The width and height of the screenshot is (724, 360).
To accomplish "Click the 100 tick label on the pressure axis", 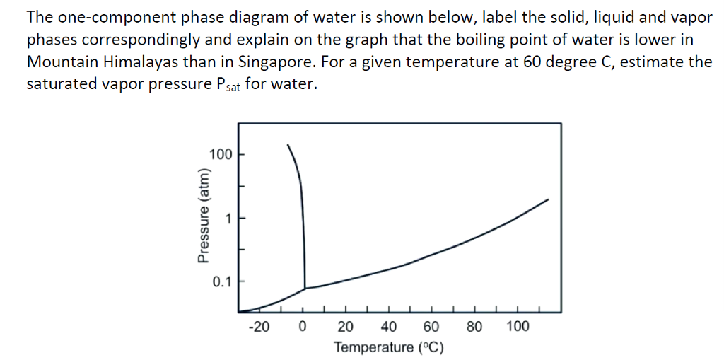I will pos(221,153).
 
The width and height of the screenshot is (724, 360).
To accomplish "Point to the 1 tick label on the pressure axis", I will pos(228,218).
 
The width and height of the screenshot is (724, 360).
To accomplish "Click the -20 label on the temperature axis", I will pos(259,327).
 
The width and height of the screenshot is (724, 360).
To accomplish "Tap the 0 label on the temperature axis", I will pos(303,327).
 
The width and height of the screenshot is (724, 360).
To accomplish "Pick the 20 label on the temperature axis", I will pos(346,327).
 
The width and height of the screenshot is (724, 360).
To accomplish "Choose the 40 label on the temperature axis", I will pos(389,327).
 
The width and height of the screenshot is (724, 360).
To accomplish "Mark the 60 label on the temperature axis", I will pos(432,327).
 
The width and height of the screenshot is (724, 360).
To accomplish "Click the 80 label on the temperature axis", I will pos(475,327).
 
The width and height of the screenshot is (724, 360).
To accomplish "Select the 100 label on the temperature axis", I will pos(518,327).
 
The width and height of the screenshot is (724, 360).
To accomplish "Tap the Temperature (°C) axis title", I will pos(389,347).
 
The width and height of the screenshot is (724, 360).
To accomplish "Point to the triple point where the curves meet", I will pos(305,288).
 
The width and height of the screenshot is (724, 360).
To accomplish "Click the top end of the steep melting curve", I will pos(287,145).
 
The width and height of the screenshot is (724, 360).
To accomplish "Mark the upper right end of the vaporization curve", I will pos(548,199).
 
